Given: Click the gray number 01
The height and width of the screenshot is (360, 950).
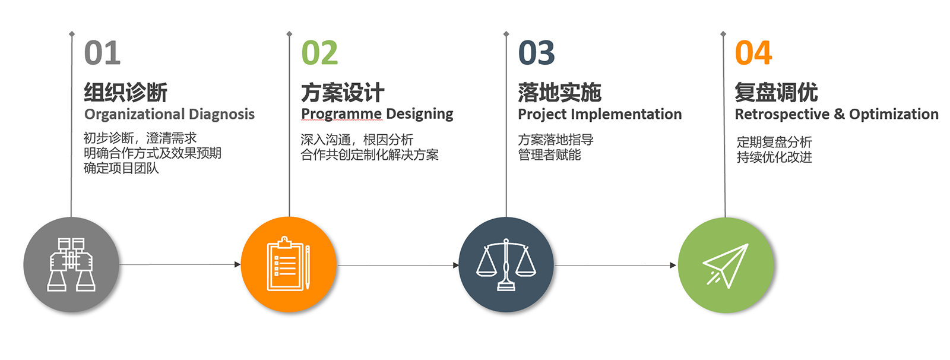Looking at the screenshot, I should (102, 53).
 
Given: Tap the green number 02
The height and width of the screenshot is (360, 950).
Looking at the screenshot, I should (319, 53).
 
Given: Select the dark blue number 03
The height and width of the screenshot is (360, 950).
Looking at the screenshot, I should (536, 53).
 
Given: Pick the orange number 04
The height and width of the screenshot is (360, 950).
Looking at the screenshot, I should (753, 53).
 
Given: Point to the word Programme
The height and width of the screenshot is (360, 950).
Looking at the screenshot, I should (341, 114).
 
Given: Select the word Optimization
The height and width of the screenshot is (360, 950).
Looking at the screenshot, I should (894, 114).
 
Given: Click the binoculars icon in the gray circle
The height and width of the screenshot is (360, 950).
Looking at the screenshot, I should (71, 264).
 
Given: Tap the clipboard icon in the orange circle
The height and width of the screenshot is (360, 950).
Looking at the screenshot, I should (288, 264).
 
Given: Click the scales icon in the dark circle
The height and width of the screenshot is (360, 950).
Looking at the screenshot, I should (506, 264).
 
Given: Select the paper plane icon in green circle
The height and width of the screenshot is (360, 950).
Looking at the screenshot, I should (726, 265).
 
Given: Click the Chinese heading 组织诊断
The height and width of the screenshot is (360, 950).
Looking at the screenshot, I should (125, 92).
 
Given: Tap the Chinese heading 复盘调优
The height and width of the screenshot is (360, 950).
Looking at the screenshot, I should (776, 92).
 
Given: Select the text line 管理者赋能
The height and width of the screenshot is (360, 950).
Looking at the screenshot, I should (549, 155).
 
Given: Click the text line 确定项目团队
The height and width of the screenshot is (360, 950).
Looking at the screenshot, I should (121, 168).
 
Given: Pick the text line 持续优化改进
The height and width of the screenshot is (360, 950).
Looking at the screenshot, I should (774, 157).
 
